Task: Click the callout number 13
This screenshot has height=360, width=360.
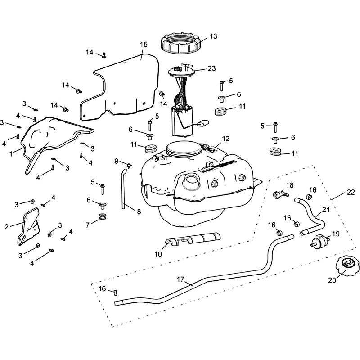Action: [213, 36]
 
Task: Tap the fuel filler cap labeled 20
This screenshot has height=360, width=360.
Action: [346, 269]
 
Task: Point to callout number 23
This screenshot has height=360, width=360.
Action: [211, 69]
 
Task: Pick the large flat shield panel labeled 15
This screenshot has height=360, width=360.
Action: [130, 85]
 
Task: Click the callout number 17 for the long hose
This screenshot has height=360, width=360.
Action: [180, 279]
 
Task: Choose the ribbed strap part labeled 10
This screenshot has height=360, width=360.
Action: [193, 238]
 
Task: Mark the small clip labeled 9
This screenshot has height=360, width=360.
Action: [128, 166]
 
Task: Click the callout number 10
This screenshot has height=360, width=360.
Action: [158, 254]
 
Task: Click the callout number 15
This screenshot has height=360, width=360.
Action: [144, 45]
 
